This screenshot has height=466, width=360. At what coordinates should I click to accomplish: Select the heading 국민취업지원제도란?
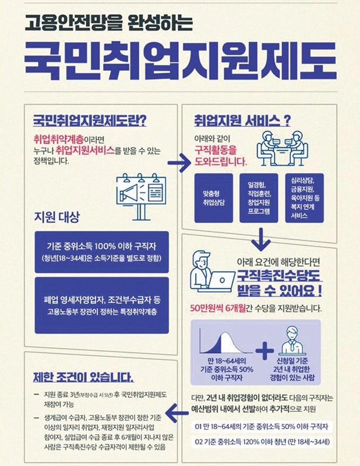(89, 121)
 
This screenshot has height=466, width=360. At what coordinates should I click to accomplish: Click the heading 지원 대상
(57, 217)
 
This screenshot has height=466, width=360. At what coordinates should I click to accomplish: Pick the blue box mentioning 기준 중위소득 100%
(102, 252)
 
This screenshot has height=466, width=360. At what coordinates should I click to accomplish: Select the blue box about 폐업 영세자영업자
(102, 305)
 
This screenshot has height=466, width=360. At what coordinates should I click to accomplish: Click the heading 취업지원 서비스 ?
(242, 121)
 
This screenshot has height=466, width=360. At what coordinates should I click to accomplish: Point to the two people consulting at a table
(282, 149)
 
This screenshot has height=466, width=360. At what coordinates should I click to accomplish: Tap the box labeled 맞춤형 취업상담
(214, 198)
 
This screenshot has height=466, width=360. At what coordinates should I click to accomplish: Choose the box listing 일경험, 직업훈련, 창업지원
(259, 198)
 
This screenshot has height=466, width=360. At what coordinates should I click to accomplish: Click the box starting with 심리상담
(304, 198)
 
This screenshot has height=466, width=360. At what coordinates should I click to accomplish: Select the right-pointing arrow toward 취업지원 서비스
(179, 163)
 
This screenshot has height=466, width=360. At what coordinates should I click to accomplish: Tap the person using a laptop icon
(212, 271)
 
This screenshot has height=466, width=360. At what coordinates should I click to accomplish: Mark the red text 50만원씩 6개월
(218, 308)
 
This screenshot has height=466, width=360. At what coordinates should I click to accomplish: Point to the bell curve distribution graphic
(226, 341)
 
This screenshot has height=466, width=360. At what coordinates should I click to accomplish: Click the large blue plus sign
(264, 351)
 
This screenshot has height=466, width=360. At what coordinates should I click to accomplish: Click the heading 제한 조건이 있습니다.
(83, 378)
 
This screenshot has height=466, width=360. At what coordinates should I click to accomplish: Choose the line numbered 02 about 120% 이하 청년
(262, 442)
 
